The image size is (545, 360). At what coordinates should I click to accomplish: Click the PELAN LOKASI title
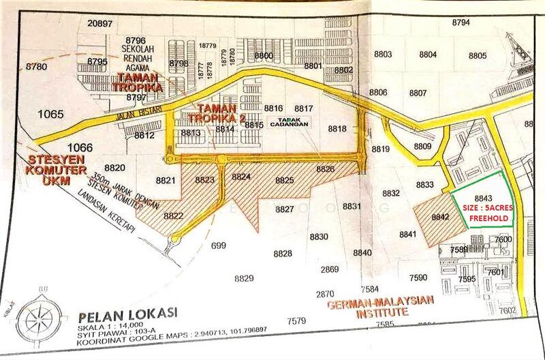pyautogui.click(x=127, y=314)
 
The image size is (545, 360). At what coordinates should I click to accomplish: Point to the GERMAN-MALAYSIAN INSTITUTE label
pyautogui.click(x=381, y=306)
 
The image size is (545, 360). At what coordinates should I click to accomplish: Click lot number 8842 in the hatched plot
pyautogui.click(x=440, y=217)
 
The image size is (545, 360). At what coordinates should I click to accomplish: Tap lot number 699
pyautogui.click(x=218, y=245)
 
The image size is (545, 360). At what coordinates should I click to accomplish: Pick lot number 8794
pyautogui.click(x=461, y=22)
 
